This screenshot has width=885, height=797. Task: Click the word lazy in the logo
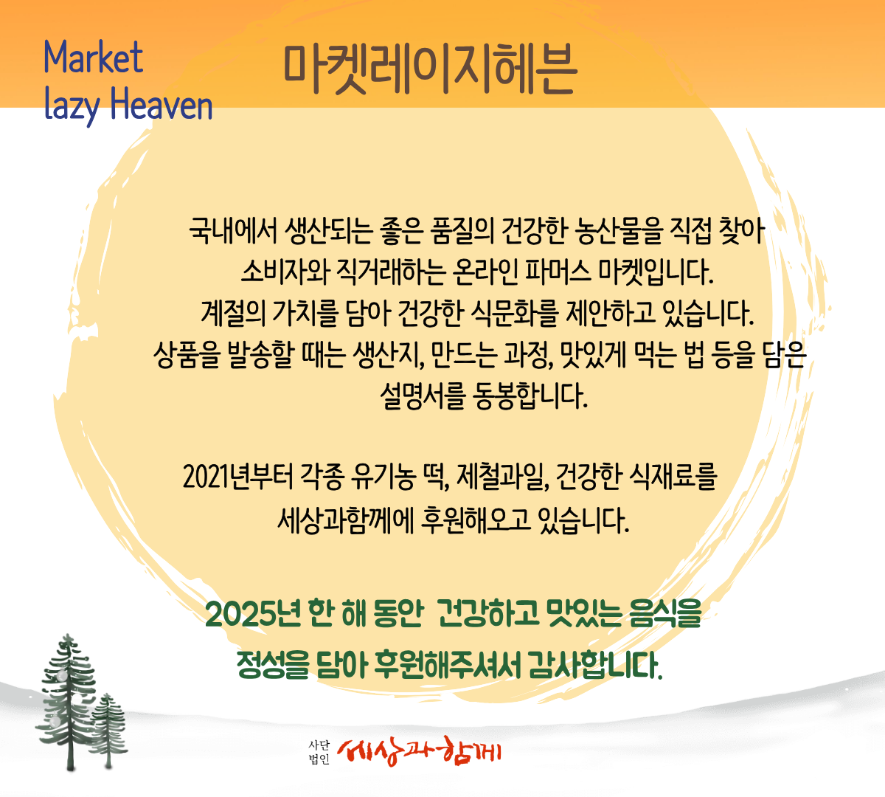72,105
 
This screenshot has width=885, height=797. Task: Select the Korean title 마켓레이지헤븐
430,70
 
